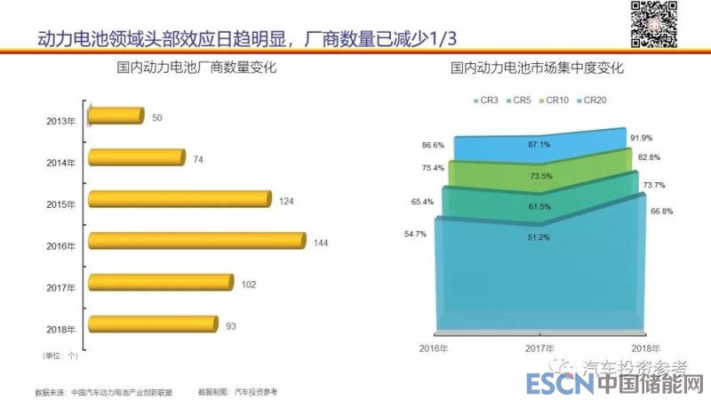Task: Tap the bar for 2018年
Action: [x=154, y=324]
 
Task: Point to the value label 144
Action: [x=322, y=243]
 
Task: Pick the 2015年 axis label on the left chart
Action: [x=61, y=204]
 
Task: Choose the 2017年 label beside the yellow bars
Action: [x=61, y=286]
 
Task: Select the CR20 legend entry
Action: [x=593, y=100]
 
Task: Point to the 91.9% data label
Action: [x=641, y=138]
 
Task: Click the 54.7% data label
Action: [x=415, y=234]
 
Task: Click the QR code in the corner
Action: [x=653, y=24]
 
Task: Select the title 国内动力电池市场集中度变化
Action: [x=536, y=68]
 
